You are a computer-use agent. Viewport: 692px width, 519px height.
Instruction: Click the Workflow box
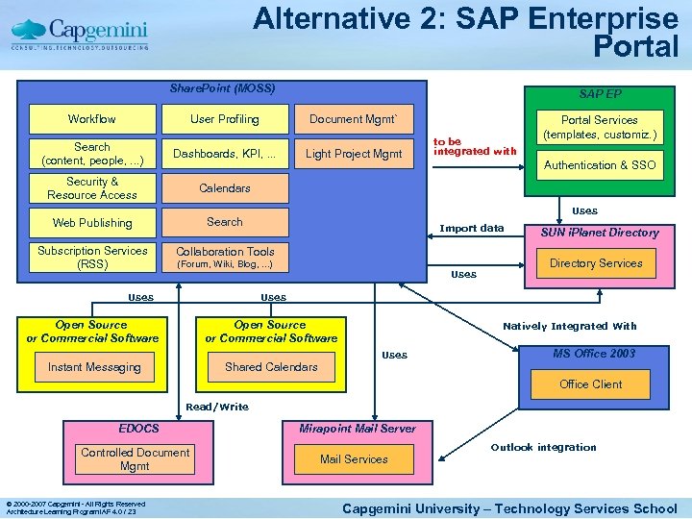(92, 119)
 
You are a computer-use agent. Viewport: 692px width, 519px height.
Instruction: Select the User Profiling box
(224, 119)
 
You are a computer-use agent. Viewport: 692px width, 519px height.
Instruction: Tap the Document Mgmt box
(353, 119)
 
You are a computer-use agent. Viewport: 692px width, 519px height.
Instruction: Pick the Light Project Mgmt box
(353, 154)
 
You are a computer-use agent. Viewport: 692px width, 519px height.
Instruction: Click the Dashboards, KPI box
(224, 154)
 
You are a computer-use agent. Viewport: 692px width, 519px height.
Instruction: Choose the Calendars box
(224, 188)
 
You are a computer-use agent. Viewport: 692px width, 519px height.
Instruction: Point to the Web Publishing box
(92, 223)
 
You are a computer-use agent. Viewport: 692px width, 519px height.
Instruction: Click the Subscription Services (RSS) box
(92, 257)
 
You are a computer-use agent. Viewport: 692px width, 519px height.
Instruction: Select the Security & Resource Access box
(92, 188)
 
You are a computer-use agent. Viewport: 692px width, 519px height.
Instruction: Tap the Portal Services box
(600, 127)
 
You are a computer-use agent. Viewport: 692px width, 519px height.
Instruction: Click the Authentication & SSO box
(600, 165)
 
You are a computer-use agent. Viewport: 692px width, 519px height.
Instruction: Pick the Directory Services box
(596, 263)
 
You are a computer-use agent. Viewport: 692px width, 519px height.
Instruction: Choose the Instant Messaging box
(94, 367)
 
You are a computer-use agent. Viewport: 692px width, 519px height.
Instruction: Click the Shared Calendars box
(271, 367)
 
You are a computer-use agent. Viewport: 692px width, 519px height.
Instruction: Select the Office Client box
(590, 384)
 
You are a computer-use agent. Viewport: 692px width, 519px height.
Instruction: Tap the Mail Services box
(354, 459)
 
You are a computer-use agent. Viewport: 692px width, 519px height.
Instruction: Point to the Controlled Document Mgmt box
(135, 459)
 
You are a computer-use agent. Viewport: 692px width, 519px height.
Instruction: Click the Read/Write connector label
(217, 408)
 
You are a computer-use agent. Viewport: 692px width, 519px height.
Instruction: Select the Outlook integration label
(543, 447)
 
